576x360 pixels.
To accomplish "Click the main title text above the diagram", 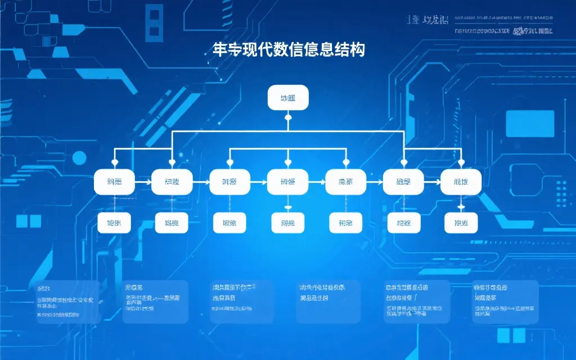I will pos(289,49).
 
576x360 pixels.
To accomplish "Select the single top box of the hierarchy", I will pos(288,97).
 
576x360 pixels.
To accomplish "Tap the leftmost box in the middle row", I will pos(114,182).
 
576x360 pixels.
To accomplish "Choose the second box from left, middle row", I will pos(172,182).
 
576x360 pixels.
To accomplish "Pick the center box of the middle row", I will pos(287,182).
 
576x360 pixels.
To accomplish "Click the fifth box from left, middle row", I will pos(345,182).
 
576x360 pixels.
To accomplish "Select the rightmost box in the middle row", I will pos(461,182).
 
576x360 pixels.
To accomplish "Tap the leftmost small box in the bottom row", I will pos(114,223).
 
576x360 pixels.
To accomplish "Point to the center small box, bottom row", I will pos(287,223).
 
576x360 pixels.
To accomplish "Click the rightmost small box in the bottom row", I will pos(461,223).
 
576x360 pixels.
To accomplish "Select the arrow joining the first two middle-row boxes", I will pos(143,182).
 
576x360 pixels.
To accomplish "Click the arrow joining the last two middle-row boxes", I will pos(432,182).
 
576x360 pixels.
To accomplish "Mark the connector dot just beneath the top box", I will pos(288,118).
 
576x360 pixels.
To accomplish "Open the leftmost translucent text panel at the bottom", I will pos(66,301).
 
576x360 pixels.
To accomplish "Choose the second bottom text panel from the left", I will pos(155,301).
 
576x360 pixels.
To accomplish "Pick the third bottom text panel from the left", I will pos(242,301).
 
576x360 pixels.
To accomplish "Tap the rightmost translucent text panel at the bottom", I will pos(505,301).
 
